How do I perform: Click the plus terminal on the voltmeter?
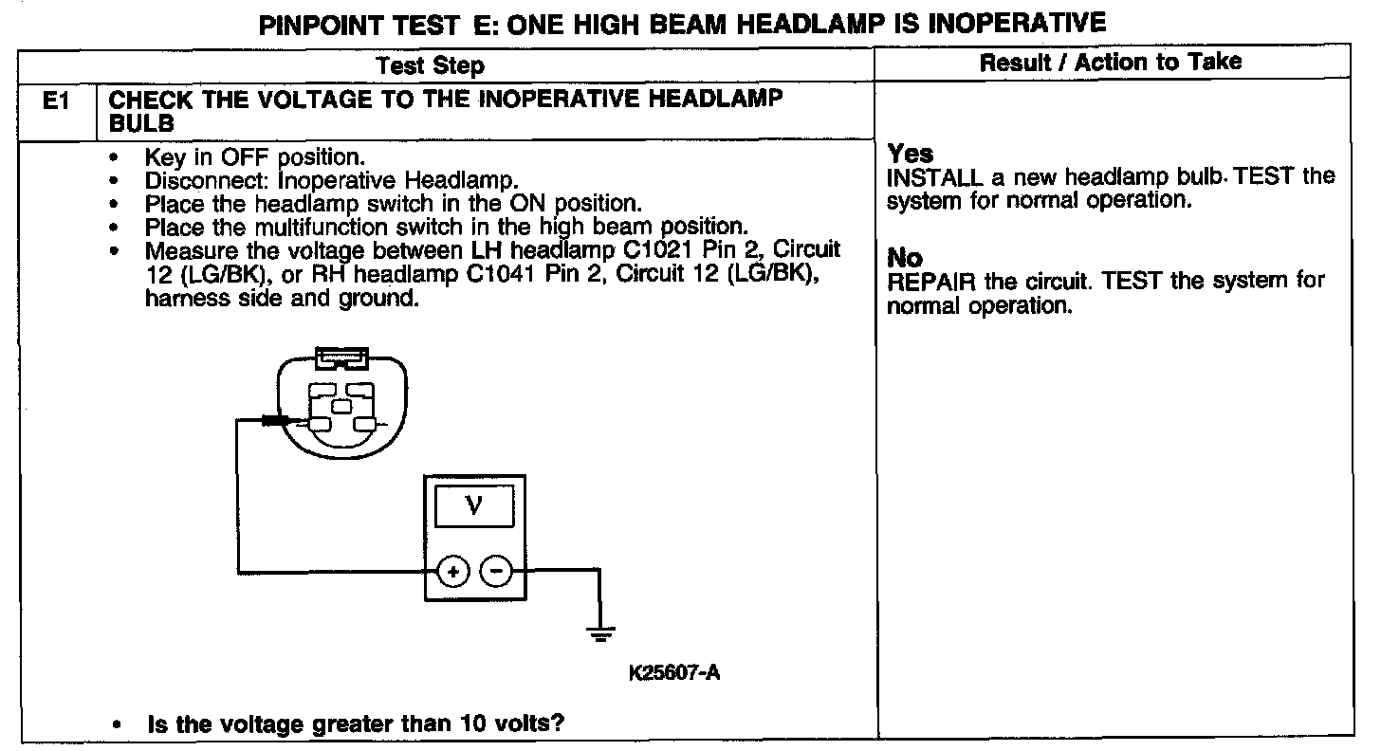pyautogui.click(x=452, y=571)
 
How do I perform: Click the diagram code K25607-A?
pyautogui.click(x=674, y=673)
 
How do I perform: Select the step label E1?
pyautogui.click(x=58, y=101)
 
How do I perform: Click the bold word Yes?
pyautogui.click(x=910, y=153)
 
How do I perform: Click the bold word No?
pyautogui.click(x=905, y=257)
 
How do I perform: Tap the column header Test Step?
pyautogui.click(x=430, y=65)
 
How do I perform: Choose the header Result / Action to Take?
pyautogui.click(x=1111, y=63)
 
